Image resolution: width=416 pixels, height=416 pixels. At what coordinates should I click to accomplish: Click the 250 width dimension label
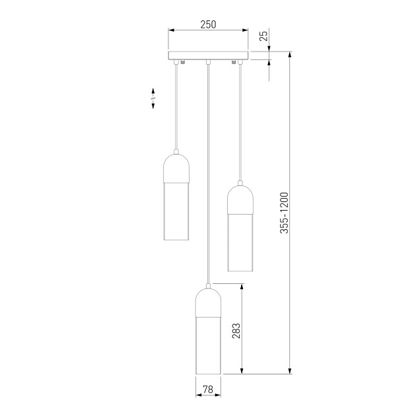pos(208,24)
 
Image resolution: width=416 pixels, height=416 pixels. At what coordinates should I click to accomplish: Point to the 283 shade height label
pos(237,330)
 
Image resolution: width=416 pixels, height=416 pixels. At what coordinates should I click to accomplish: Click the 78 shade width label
pos(208,390)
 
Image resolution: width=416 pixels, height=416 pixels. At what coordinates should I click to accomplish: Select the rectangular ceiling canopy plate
pos(208,55)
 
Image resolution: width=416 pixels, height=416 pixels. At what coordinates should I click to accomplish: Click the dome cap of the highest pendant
pos(176,167)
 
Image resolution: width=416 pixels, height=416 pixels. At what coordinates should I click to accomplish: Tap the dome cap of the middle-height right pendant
pos(240,197)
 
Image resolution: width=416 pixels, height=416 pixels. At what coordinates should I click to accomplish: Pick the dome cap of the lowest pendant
pos(208,301)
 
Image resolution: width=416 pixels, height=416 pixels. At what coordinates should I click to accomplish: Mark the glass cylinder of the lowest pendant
pos(208,347)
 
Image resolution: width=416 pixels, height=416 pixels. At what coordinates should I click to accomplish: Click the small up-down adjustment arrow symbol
pos(153,98)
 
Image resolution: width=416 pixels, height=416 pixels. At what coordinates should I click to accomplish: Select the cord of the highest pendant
pos(176,106)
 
